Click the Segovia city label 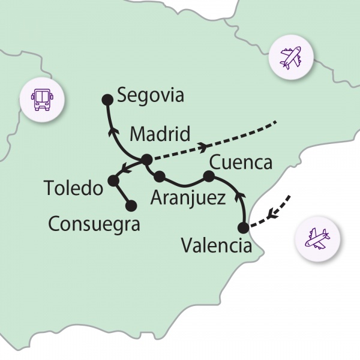click(151, 95)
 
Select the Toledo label click(74, 188)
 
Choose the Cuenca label click(241, 163)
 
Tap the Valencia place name click(216, 246)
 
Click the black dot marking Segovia click(107, 99)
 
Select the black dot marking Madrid click(146, 160)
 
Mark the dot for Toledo click(112, 180)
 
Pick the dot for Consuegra click(131, 206)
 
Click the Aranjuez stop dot click(160, 176)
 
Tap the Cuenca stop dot click(209, 176)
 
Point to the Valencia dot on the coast click(243, 227)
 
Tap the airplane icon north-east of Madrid click(290, 58)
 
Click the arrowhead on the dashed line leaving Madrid click(206, 146)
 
